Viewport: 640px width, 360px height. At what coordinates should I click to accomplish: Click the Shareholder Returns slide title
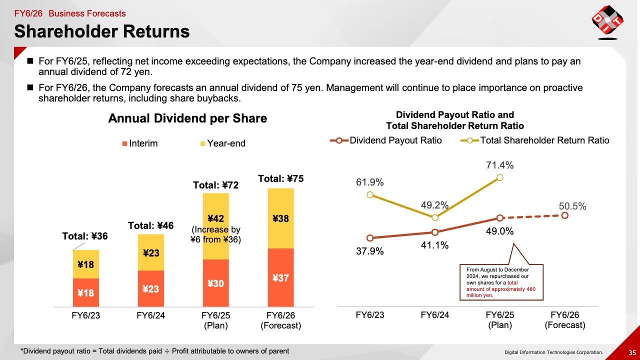click(102, 31)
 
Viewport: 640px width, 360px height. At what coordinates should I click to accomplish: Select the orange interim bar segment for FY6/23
click(86, 292)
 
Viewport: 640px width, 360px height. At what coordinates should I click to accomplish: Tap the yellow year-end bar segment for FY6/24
click(151, 252)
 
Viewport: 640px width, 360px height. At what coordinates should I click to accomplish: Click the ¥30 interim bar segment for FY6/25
click(216, 283)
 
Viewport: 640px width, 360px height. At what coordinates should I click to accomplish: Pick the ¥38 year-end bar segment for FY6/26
click(281, 218)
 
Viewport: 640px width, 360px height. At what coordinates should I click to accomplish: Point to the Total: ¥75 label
click(281, 178)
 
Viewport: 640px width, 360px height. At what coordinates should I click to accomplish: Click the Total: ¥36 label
click(85, 236)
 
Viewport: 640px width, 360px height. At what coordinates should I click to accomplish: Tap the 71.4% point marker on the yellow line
click(500, 177)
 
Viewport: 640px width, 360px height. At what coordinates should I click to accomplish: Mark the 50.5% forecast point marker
click(565, 215)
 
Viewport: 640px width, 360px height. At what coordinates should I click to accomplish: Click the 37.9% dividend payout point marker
click(370, 238)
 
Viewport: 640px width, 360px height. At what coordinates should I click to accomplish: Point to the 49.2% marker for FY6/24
click(435, 217)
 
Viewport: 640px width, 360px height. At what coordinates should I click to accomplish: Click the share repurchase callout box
click(501, 282)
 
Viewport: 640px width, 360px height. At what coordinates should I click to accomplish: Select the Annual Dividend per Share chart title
click(187, 118)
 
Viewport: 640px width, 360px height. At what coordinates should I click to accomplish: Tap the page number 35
click(632, 352)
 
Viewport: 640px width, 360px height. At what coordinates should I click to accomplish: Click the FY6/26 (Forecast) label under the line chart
click(565, 320)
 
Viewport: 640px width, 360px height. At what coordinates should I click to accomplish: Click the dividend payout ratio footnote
click(154, 351)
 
